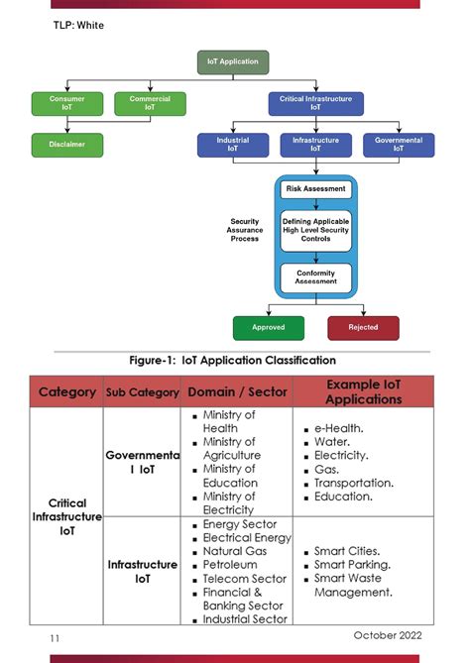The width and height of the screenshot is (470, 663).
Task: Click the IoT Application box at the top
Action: pyautogui.click(x=232, y=61)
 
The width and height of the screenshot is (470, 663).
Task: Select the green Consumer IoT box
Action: pyautogui.click(x=66, y=103)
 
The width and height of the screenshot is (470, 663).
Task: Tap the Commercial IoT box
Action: pyautogui.click(x=150, y=103)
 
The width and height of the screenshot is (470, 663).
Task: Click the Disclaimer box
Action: pyautogui.click(x=66, y=145)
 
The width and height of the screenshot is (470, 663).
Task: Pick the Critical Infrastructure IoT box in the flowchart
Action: pyautogui.click(x=315, y=103)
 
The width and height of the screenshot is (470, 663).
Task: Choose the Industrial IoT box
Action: pyautogui.click(x=232, y=145)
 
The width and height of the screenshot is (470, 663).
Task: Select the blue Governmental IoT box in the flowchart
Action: pyautogui.click(x=398, y=145)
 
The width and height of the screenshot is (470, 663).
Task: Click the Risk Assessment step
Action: pyautogui.click(x=315, y=188)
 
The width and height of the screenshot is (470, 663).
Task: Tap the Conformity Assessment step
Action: pyautogui.click(x=315, y=277)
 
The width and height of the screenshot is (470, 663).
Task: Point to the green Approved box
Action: pyautogui.click(x=268, y=327)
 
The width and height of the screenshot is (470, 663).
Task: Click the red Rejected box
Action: pyautogui.click(x=363, y=327)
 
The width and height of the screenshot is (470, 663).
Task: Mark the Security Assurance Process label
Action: pyautogui.click(x=245, y=230)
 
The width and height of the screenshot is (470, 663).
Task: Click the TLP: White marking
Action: pyautogui.click(x=78, y=26)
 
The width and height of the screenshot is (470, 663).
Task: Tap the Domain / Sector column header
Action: pyautogui.click(x=237, y=392)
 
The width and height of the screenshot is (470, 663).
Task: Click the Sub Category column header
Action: pyautogui.click(x=142, y=392)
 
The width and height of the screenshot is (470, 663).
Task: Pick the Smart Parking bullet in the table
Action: pyautogui.click(x=351, y=565)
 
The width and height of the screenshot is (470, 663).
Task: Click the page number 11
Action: pyautogui.click(x=56, y=639)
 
